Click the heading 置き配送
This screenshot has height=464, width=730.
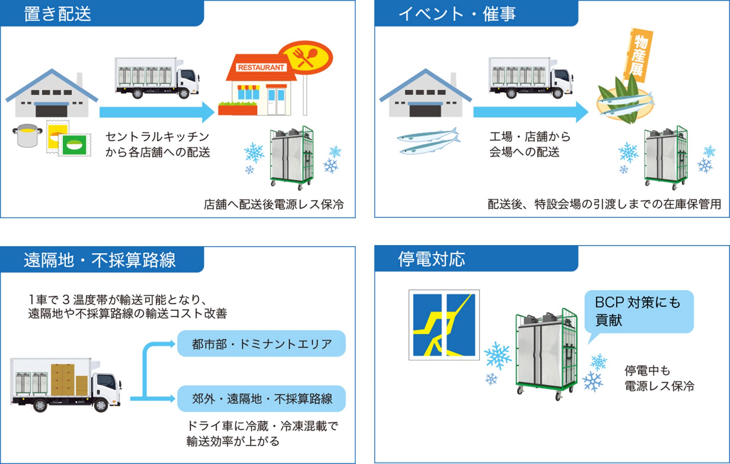[x=57, y=14]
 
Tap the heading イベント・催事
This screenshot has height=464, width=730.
[x=457, y=14]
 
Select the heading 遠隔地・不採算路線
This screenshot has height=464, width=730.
[x=100, y=260]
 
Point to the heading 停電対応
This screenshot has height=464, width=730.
[x=431, y=259]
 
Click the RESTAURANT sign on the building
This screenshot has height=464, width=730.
[x=261, y=67]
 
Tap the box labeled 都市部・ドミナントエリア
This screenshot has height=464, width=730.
[x=261, y=344]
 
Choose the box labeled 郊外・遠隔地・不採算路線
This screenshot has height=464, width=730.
[x=261, y=399]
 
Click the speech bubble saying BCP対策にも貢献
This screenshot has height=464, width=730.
[x=639, y=311]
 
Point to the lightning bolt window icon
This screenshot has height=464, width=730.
[x=444, y=325]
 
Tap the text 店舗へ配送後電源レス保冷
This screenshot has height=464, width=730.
[x=274, y=204]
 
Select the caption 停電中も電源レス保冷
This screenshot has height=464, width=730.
[x=659, y=378]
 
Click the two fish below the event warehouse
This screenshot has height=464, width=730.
[x=429, y=141]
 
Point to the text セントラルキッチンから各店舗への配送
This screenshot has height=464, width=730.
[x=157, y=144]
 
